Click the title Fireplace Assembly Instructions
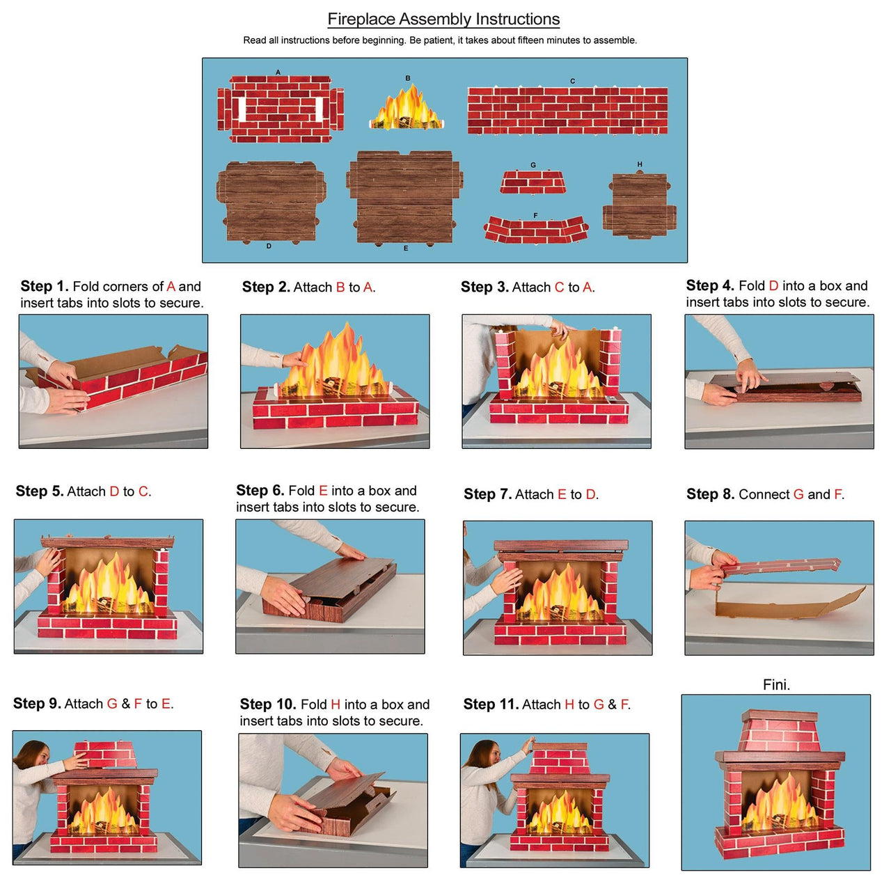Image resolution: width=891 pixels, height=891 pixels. click(x=443, y=19)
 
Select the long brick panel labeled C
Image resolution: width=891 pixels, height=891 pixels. click(x=567, y=111)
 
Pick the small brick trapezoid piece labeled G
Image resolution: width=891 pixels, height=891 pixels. click(x=533, y=182)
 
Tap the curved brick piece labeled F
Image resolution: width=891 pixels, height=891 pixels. click(x=535, y=230)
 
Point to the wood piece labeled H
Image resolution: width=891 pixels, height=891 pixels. click(x=639, y=206)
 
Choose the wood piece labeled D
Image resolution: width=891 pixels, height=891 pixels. click(x=270, y=202)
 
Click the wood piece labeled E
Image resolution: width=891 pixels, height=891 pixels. click(x=405, y=198)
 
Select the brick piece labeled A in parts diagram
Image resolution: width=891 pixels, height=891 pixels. click(x=280, y=109)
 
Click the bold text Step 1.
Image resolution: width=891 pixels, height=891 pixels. click(x=45, y=286)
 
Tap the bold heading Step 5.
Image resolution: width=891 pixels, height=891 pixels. click(x=40, y=491)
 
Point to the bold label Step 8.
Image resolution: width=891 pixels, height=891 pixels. click(x=710, y=494)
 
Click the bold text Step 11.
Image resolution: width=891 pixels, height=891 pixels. click(x=491, y=704)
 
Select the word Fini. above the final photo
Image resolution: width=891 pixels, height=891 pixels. click(x=776, y=685)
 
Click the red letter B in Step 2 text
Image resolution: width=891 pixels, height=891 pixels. click(x=340, y=287)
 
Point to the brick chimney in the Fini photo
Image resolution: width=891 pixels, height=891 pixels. click(x=780, y=732)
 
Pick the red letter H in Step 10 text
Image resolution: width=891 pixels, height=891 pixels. click(x=336, y=704)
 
